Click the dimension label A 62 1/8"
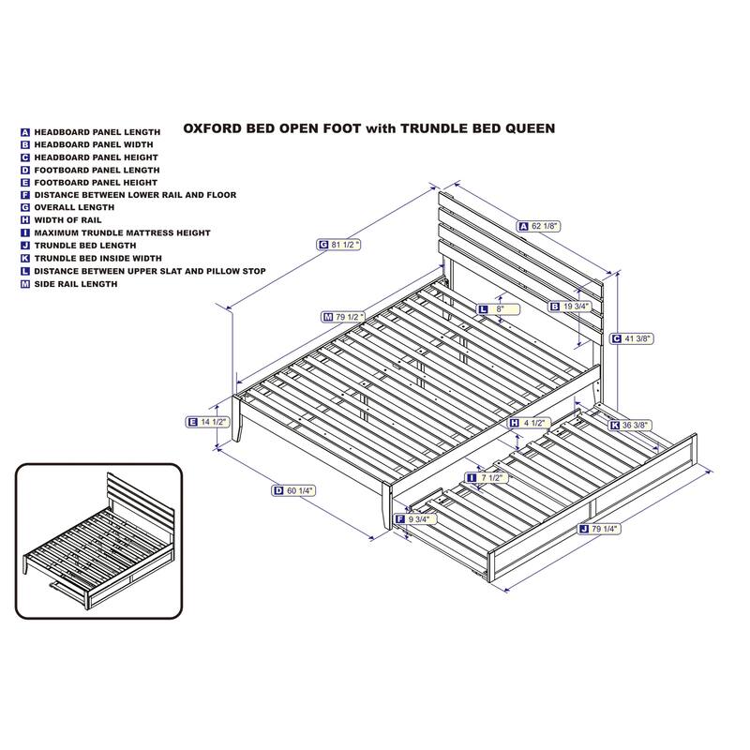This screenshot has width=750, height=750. tap(538, 226)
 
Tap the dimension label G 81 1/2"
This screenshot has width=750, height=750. tap(338, 245)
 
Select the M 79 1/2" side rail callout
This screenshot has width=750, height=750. tap(342, 317)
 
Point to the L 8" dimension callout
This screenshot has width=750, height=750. tap(498, 309)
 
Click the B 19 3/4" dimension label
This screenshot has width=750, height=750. tap(570, 307)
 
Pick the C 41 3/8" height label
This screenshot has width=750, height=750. tap(632, 338)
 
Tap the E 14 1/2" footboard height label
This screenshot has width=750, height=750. tap(207, 422)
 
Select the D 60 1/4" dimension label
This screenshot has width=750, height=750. tap(293, 490)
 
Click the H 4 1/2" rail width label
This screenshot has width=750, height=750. tap(529, 424)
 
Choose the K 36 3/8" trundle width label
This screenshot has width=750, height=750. tap(629, 426)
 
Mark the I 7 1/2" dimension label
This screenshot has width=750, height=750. tap(487, 478)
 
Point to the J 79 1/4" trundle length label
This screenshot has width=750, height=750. tap(599, 529)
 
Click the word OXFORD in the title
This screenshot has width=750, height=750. tap(213, 128)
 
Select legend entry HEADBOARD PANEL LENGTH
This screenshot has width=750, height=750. tap(97, 132)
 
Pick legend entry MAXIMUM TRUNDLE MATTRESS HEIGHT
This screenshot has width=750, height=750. tap(122, 232)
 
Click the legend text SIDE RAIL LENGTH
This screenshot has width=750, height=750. tap(76, 284)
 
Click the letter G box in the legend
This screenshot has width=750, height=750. tap(25, 207)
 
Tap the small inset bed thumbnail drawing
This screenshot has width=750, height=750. tap(99, 541)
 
